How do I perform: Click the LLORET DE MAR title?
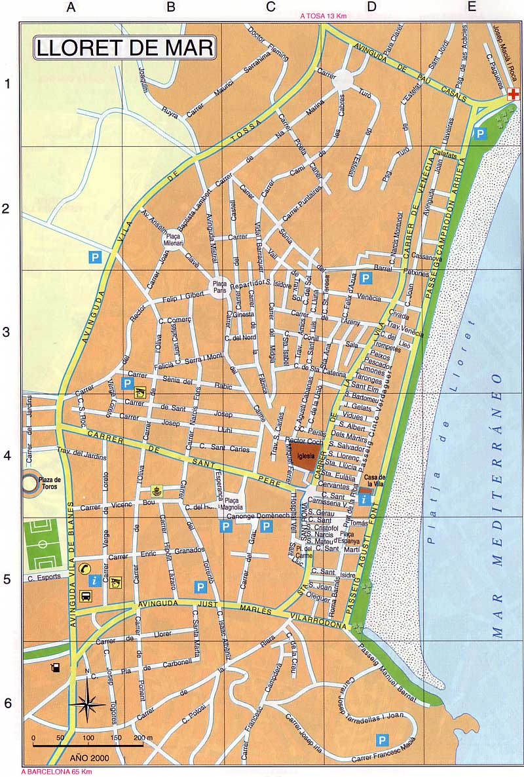tap(124, 48)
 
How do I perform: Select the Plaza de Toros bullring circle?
tap(30, 484)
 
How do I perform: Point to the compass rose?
tap(87, 704)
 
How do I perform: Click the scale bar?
tap(88, 746)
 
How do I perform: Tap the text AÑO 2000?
tap(91, 757)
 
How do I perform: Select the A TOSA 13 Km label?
tap(323, 16)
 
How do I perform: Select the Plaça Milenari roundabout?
tap(174, 240)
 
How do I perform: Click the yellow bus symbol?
tap(86, 596)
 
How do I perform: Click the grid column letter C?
tap(271, 7)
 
